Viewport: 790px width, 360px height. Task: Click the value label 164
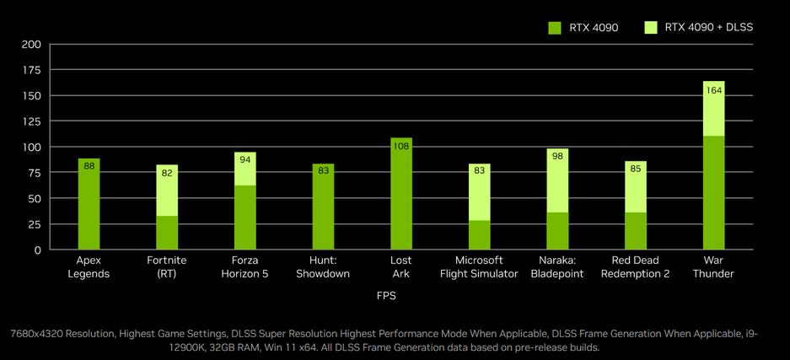pos(714,90)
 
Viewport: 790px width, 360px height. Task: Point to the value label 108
pos(401,147)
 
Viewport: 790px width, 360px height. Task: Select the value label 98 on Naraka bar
pos(557,157)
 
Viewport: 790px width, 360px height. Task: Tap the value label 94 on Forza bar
pos(245,160)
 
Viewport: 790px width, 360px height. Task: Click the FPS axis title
pos(386,296)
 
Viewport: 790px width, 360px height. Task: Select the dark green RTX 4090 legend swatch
pos(555,28)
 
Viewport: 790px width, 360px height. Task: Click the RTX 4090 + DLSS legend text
pos(708,28)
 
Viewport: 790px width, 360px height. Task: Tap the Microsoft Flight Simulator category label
pos(480,266)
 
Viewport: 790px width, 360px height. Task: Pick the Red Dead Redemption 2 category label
pos(636,266)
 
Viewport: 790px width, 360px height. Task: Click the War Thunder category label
pos(714,266)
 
